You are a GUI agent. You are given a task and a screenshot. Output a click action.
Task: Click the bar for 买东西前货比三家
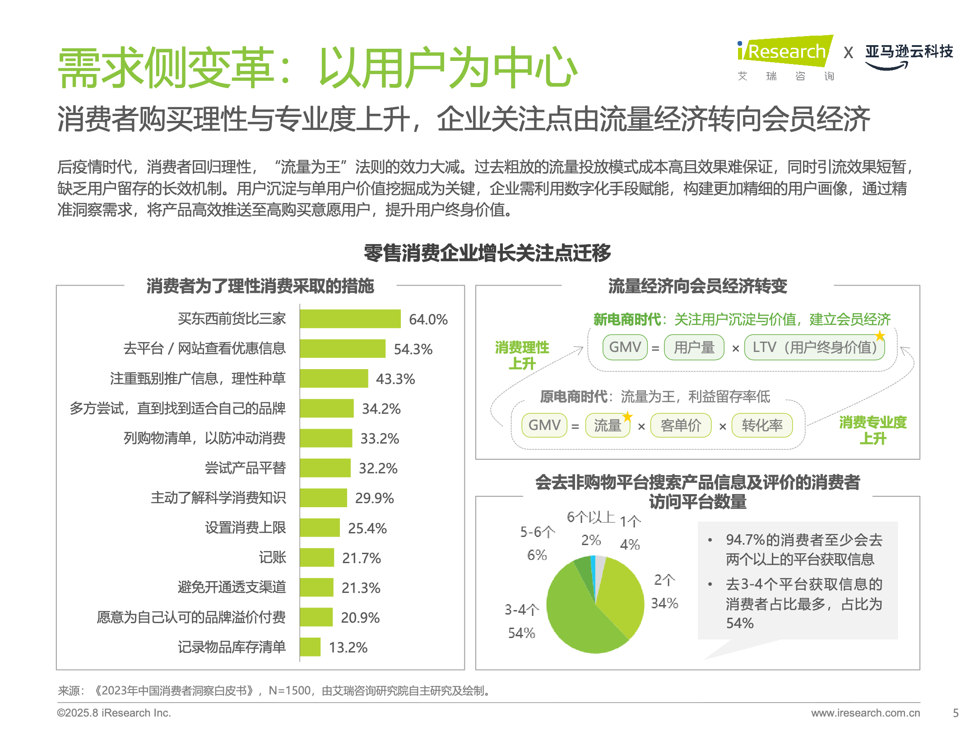click(x=350, y=319)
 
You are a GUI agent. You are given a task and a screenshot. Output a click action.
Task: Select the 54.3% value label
click(x=413, y=349)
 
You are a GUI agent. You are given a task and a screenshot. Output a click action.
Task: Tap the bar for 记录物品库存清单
click(x=310, y=647)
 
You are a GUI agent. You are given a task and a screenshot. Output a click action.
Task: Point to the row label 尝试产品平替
click(x=245, y=468)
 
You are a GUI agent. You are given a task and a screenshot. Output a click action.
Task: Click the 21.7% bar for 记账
click(x=317, y=558)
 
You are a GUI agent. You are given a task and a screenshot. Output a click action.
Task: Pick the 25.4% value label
click(x=367, y=528)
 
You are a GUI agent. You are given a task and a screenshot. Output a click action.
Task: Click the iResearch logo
click(x=785, y=52)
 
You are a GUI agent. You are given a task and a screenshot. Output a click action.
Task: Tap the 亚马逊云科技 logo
click(x=909, y=56)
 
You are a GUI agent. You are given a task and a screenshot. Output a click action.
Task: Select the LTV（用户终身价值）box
click(x=814, y=347)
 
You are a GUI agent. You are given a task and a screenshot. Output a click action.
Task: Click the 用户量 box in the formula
click(x=694, y=347)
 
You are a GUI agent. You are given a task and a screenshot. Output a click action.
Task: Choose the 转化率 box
click(x=762, y=426)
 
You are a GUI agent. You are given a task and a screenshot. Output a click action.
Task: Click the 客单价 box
click(x=681, y=426)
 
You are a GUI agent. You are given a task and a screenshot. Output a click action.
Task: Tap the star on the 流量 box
click(x=627, y=416)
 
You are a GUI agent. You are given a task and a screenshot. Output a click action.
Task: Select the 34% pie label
click(x=664, y=603)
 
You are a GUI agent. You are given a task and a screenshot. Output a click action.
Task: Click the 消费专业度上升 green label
click(x=873, y=430)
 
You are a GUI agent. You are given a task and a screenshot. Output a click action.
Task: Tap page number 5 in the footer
click(x=956, y=713)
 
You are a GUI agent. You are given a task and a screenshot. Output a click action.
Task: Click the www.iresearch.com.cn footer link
click(x=865, y=713)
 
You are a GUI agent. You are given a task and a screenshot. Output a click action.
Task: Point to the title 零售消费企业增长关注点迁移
click(x=487, y=253)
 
